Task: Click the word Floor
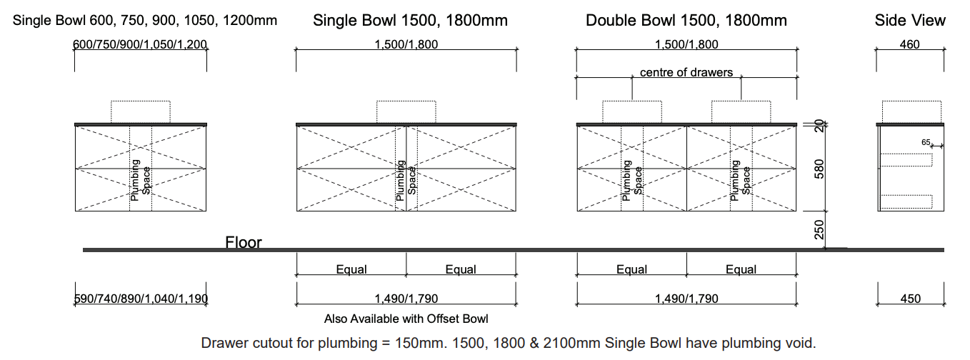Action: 244,242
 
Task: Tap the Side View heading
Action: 909,21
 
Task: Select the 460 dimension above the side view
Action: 910,44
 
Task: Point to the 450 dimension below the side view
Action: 910,299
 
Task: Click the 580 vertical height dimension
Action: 820,169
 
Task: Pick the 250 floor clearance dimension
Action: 820,230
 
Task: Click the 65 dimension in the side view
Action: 926,142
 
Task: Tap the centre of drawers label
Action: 686,72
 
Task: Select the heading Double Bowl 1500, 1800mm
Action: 686,21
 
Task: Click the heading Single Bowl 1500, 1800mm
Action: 410,21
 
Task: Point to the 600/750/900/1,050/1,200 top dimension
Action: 141,44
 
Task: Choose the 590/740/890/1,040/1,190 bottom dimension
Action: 141,299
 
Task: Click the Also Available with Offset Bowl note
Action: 406,319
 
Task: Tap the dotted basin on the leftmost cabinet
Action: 141,111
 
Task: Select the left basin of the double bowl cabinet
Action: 631,111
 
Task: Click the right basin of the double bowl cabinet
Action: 741,111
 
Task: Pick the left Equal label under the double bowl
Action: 631,269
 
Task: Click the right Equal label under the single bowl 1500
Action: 461,269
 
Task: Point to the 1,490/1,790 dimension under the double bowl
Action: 686,299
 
